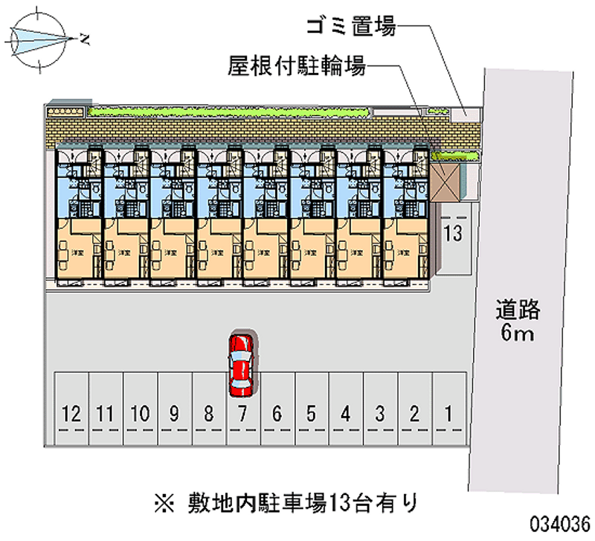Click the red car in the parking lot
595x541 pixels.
241,364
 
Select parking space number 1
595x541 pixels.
448,412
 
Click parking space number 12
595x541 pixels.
72,412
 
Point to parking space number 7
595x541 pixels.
242,412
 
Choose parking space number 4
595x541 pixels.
345,412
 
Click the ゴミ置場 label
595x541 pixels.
350,28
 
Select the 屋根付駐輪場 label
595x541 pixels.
297,68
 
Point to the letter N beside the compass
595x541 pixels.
86,38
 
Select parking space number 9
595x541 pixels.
173,412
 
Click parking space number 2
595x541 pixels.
414,412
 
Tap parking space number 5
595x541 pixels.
311,412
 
